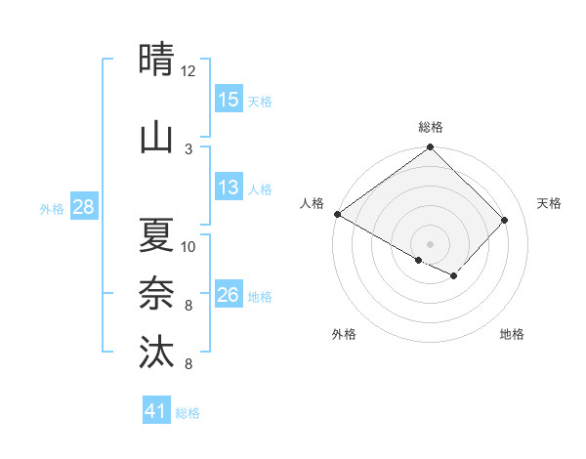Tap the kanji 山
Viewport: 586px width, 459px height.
pos(156,138)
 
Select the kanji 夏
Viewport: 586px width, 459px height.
pos(156,235)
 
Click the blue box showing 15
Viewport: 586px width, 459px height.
pos(229,100)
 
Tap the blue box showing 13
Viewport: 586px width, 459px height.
pos(229,188)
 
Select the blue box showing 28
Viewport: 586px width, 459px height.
pos(83,208)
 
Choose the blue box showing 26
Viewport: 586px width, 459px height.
pos(229,296)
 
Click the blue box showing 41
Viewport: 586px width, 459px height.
pos(156,412)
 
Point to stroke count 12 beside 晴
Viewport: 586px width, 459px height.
pos(188,71)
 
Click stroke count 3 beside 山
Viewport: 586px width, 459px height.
pos(188,148)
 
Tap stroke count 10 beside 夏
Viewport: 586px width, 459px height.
pos(188,246)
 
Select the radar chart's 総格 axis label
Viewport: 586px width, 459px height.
pos(431,127)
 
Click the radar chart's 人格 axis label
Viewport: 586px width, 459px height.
pos(312,203)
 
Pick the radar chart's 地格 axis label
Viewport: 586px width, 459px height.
pos(512,334)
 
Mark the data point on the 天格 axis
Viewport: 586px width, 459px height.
pos(505,220)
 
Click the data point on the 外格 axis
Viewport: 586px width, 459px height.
pos(419,260)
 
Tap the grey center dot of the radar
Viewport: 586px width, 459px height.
pos(430,243)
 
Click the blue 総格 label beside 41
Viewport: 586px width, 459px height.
pos(188,413)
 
